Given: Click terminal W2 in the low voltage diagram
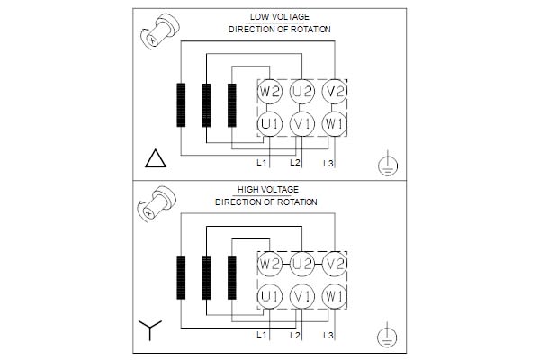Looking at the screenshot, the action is tap(270, 92).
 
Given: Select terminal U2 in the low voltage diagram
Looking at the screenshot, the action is tap(302, 92).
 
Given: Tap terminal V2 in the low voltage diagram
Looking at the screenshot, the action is tap(335, 92).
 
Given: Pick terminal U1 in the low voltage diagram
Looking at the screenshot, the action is tap(270, 124).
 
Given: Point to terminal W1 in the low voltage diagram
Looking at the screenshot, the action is tap(335, 124).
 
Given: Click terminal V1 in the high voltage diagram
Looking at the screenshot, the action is tap(302, 296).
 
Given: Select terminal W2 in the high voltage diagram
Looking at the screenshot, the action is tap(270, 265).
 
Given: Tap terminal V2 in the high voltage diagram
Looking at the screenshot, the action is tap(335, 265).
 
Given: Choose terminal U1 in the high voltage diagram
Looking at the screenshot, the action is tap(270, 296).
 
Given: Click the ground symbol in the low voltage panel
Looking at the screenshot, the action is tap(388, 163).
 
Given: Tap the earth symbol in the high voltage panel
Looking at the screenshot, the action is tap(387, 335).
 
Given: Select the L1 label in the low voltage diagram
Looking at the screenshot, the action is tap(262, 163).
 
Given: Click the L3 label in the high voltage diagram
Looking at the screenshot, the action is tap(328, 335).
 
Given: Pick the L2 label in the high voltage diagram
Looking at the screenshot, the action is tap(295, 335).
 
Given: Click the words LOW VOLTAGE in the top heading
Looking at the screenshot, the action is tap(280, 17).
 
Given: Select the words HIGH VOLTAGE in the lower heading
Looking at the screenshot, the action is tap(268, 190).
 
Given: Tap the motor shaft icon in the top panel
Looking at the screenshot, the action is tap(160, 31).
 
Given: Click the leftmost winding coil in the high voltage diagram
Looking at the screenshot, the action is tap(181, 277).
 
